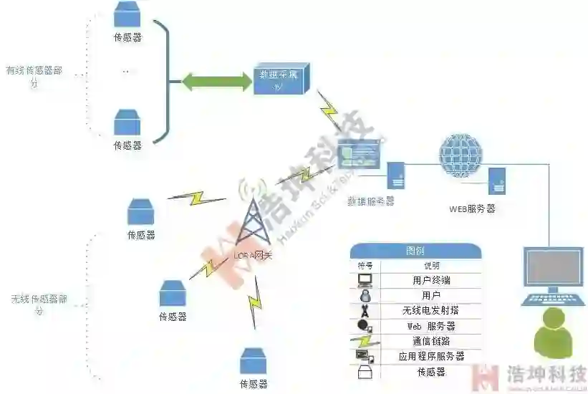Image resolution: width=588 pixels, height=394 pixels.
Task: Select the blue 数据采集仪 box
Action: point(281,80)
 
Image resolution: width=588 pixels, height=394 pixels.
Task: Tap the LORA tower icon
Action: point(253,222)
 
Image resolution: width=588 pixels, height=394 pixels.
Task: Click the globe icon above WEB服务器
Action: point(460,153)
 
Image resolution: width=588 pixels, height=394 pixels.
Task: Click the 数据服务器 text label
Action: point(370,201)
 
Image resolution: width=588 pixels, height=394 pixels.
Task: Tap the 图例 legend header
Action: point(415,251)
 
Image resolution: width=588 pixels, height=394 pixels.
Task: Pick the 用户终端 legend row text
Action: point(431,280)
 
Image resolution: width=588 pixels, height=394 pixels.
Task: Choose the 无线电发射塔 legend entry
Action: point(431,310)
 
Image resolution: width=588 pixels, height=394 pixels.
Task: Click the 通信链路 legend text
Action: point(431,341)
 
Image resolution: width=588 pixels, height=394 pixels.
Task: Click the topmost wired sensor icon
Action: point(127,15)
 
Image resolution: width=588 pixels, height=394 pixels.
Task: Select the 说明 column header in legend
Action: point(431,265)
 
